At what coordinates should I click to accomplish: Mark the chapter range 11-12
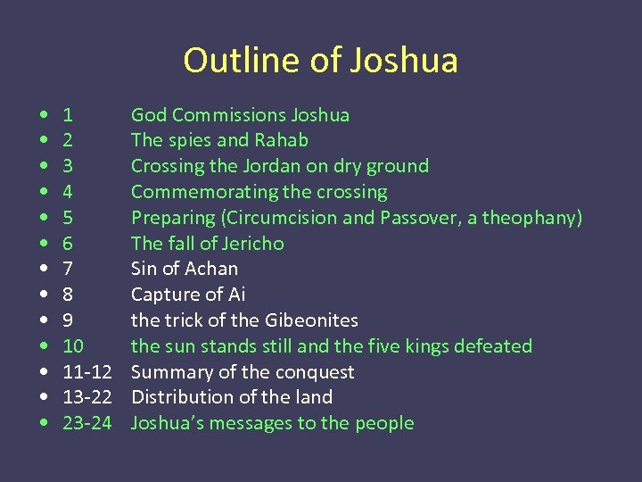point(86,372)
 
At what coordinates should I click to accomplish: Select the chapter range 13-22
point(86,397)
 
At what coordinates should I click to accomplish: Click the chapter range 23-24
point(86,423)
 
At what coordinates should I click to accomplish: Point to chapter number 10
point(73,346)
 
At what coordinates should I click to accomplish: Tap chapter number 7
point(68,269)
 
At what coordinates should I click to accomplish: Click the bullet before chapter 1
point(44,115)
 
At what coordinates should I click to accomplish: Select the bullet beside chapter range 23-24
point(44,423)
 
